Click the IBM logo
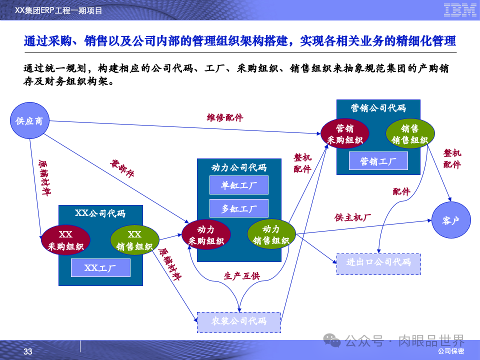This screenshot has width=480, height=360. pyautogui.click(x=459, y=10)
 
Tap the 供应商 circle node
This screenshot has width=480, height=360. pyautogui.click(x=29, y=120)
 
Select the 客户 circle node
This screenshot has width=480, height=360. pyautogui.click(x=450, y=220)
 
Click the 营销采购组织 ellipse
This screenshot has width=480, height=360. pyautogui.click(x=345, y=134)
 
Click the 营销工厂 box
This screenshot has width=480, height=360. pyautogui.click(x=378, y=161)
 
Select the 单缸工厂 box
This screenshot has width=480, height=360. pyautogui.click(x=239, y=185)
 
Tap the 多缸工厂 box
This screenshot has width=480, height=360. pyautogui.click(x=239, y=208)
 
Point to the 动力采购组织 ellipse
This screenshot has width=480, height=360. pyautogui.click(x=206, y=235)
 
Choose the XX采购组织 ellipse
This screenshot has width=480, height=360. pyautogui.click(x=65, y=240)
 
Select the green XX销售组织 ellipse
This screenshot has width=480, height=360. pyautogui.click(x=134, y=240)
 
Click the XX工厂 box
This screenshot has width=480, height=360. pyautogui.click(x=100, y=268)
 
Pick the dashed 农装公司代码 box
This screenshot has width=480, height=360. pyautogui.click(x=239, y=322)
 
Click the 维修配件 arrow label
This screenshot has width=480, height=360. pyautogui.click(x=225, y=118)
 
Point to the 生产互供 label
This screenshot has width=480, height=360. pyautogui.click(x=241, y=276)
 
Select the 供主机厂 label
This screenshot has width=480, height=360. pyautogui.click(x=352, y=217)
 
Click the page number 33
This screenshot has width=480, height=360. pyautogui.click(x=28, y=352)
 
